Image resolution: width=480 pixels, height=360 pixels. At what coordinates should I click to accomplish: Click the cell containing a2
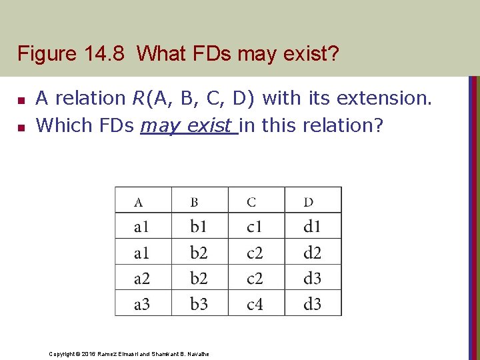tap(142, 278)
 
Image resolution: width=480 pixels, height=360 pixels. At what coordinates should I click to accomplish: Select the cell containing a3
tap(142, 304)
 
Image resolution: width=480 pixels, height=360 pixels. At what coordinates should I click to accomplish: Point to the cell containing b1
tap(199, 227)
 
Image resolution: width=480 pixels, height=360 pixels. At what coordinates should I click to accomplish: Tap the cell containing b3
tap(199, 304)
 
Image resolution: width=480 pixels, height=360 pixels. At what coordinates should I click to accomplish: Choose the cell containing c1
tap(255, 227)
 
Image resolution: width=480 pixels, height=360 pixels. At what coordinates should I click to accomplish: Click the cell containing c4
tap(255, 304)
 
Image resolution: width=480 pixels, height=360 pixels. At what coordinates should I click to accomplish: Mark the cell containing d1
tap(312, 227)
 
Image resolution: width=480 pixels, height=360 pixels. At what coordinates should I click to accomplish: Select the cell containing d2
tap(312, 253)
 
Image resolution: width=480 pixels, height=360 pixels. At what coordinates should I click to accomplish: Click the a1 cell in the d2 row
tap(142, 253)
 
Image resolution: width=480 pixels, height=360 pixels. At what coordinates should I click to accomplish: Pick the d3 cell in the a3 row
tap(312, 304)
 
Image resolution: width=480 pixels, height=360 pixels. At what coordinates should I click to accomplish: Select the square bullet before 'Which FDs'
tap(21, 126)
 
